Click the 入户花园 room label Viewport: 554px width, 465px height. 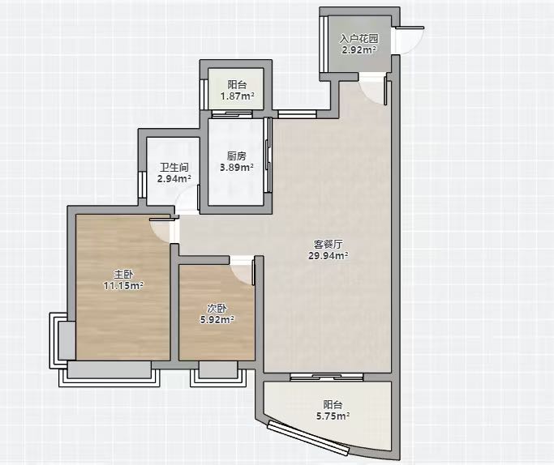359,38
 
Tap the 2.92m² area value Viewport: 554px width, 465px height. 359,49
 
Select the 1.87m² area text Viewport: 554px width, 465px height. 238,96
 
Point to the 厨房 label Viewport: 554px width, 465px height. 237,156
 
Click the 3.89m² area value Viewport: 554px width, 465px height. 237,167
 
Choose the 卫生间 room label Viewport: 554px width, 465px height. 174,167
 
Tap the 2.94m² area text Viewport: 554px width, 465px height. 174,178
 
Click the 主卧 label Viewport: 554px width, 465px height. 123,274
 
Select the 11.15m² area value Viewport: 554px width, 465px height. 123,285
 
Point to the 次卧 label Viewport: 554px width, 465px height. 217,309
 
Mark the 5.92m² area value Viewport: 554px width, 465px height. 217,320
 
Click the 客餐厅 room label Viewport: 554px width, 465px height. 329,244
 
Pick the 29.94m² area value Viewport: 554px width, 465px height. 329,255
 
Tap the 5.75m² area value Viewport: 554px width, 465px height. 333,416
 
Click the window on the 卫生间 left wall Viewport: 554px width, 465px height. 142,185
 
